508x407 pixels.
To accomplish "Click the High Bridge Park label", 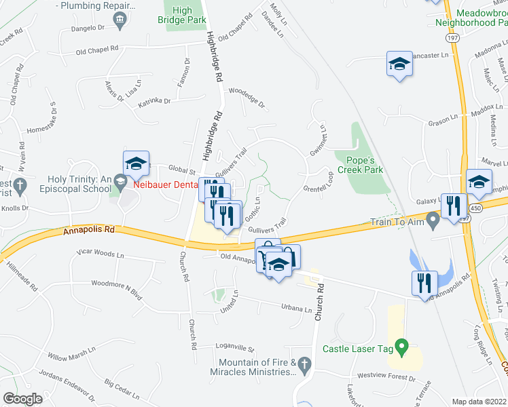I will tap(182, 16).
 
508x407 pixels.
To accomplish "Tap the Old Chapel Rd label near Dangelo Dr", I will tap(97, 50).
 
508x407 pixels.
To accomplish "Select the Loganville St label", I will tap(234, 348).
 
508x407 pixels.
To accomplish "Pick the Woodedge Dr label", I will tap(246, 97).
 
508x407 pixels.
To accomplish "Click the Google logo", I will tap(22, 398).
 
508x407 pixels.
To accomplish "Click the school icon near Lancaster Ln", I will tap(399, 64).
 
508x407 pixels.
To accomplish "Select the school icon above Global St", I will tap(136, 163).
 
